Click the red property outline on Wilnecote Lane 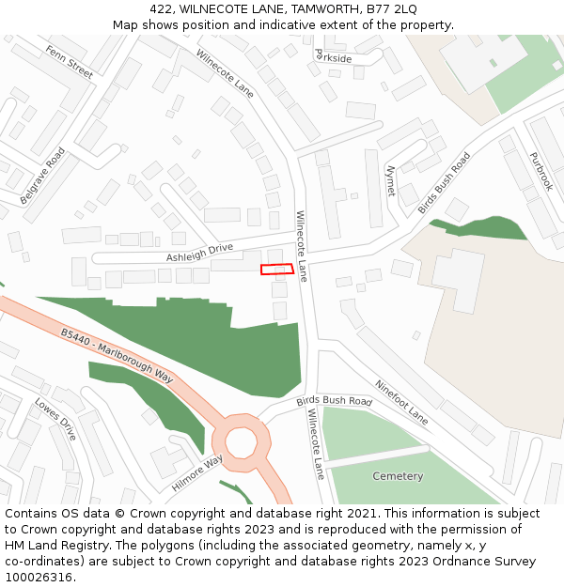[277, 270]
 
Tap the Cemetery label [398, 476]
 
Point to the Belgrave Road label [42, 176]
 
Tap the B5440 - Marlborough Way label [117, 354]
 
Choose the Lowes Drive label [55, 420]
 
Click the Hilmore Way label [196, 473]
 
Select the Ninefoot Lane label [401, 402]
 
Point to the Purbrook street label [540, 172]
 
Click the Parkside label [333, 57]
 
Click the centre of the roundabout [241, 440]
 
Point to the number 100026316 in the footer [40, 577]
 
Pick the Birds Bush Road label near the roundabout [335, 400]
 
